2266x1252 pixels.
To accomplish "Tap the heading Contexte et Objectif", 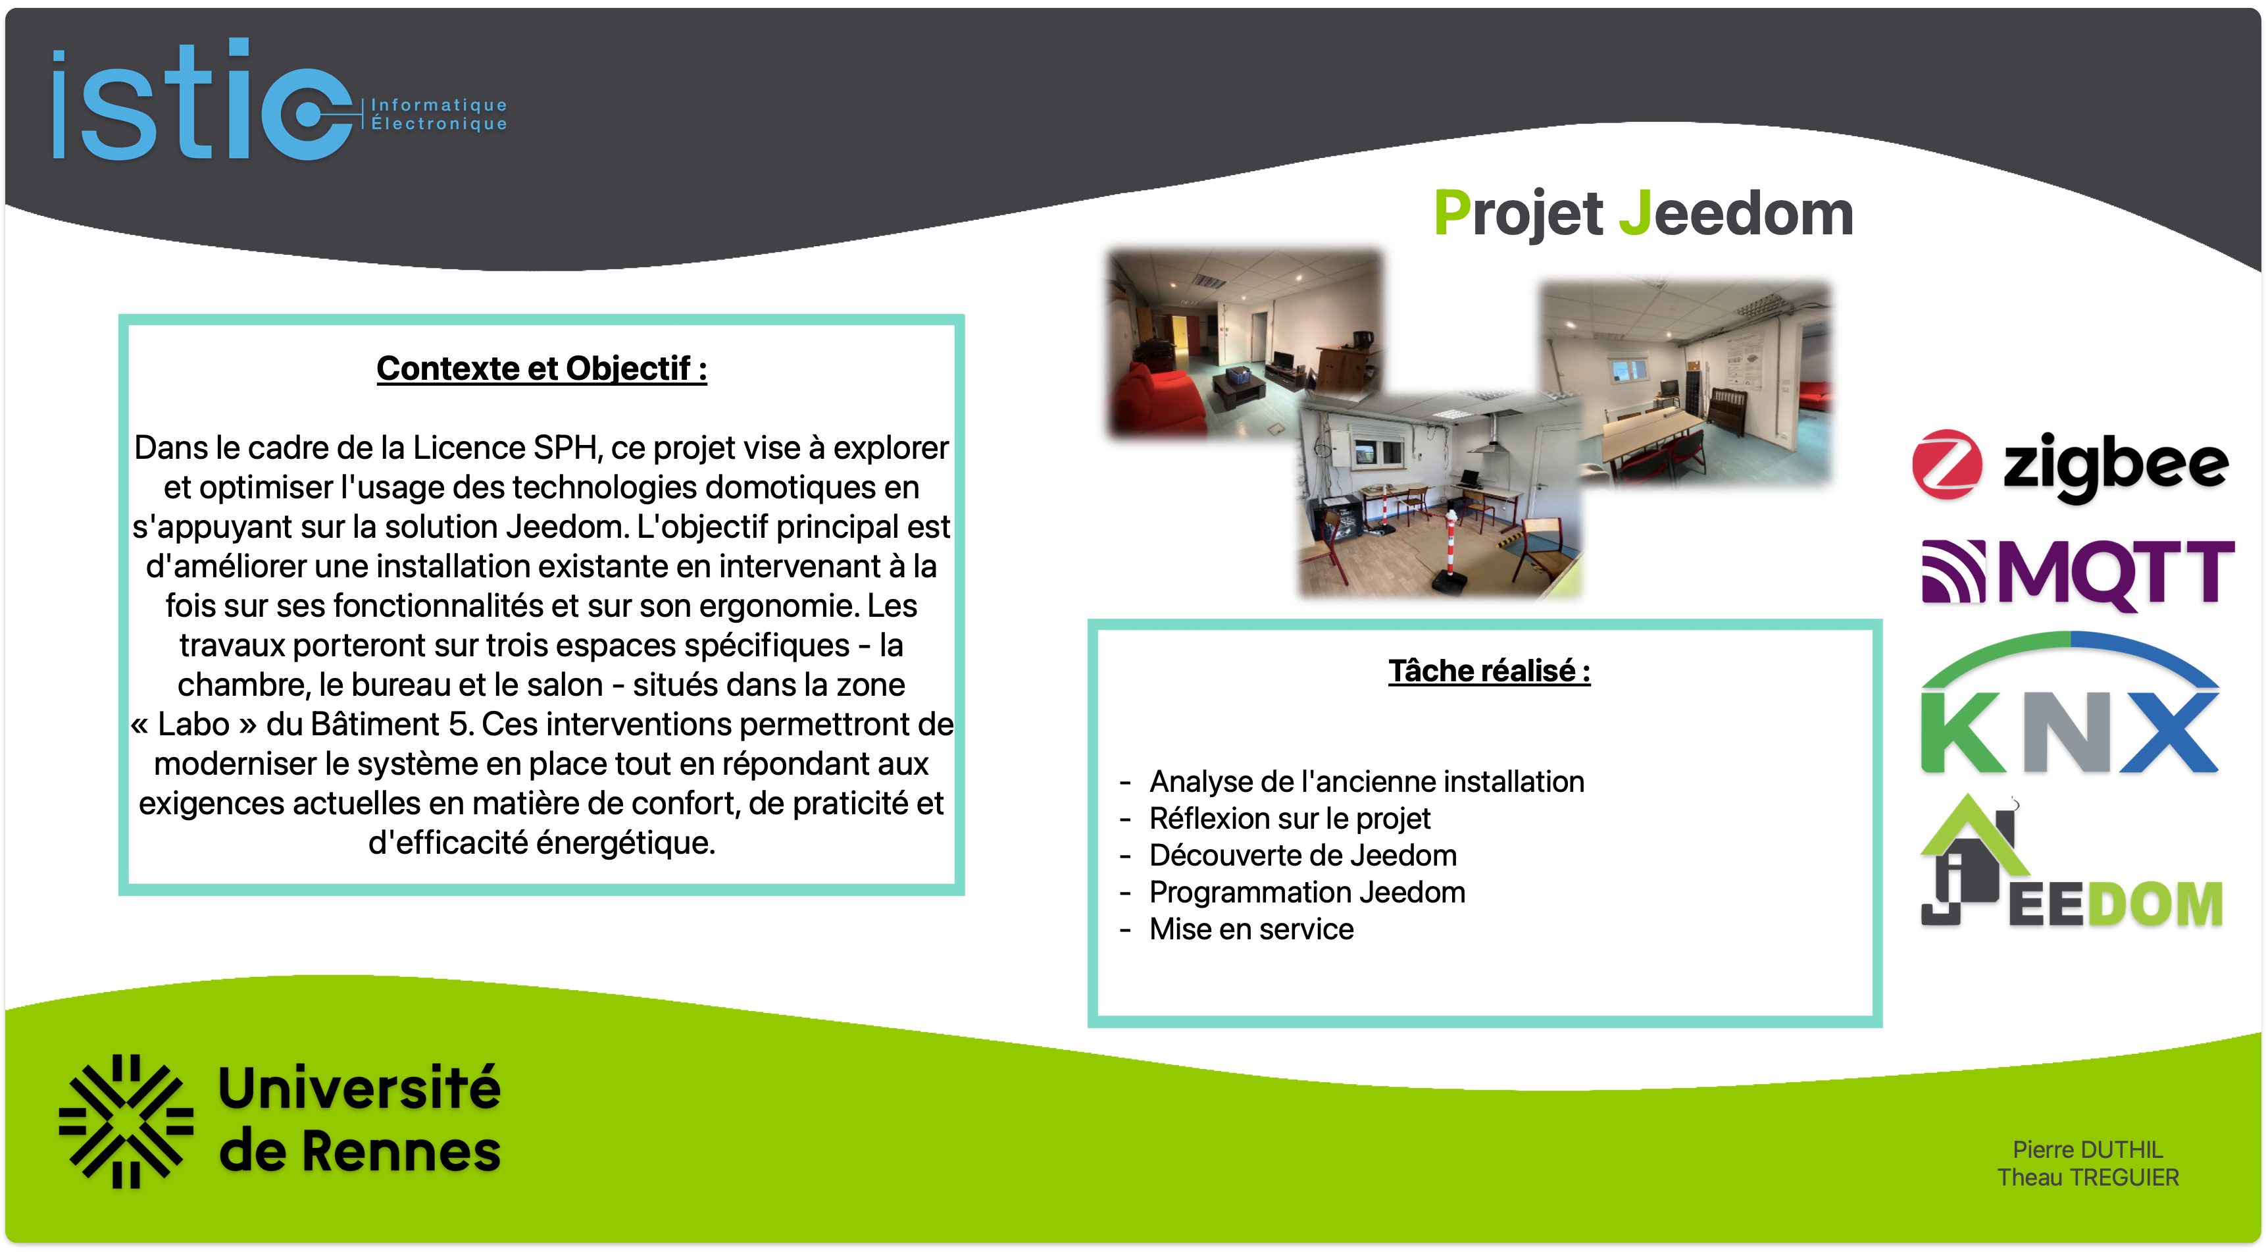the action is (x=542, y=369).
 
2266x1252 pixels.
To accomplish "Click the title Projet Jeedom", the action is (x=1643, y=214).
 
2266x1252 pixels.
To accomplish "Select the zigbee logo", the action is (x=2070, y=465).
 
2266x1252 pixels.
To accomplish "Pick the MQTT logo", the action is (x=2078, y=573).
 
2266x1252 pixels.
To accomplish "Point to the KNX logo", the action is (x=2070, y=703).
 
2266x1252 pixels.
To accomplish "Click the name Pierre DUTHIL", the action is (x=2088, y=1149).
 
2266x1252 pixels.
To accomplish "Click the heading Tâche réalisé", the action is (x=1489, y=671).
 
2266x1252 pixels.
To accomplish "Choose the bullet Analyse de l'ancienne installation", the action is (x=1366, y=781).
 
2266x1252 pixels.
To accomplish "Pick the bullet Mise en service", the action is (x=1251, y=929).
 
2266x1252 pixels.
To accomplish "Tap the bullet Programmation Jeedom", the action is (x=1307, y=892).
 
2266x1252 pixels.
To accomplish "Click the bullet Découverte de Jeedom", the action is (x=1303, y=855).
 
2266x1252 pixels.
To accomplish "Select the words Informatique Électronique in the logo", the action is (x=439, y=115).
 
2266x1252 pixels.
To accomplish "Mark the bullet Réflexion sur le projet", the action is (x=1290, y=818).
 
